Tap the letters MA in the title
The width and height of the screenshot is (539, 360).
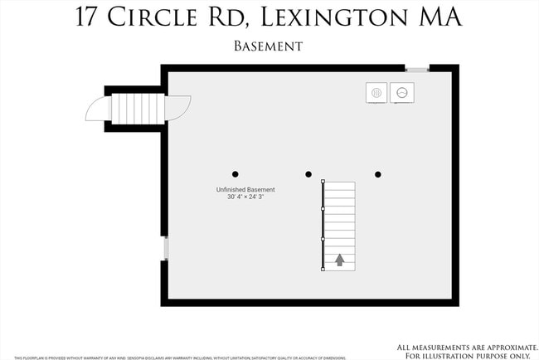click(437, 18)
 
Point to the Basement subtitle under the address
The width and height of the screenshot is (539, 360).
click(269, 47)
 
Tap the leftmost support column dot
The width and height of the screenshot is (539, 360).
click(236, 174)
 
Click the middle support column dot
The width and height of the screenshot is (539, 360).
click(308, 174)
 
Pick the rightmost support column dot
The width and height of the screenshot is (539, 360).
click(378, 174)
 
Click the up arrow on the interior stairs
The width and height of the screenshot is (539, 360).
click(339, 260)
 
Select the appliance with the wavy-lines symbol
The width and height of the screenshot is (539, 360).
click(376, 93)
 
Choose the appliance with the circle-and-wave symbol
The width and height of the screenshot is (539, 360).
click(402, 93)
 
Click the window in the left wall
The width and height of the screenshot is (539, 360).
click(166, 248)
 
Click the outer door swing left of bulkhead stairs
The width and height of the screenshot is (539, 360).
click(98, 109)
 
